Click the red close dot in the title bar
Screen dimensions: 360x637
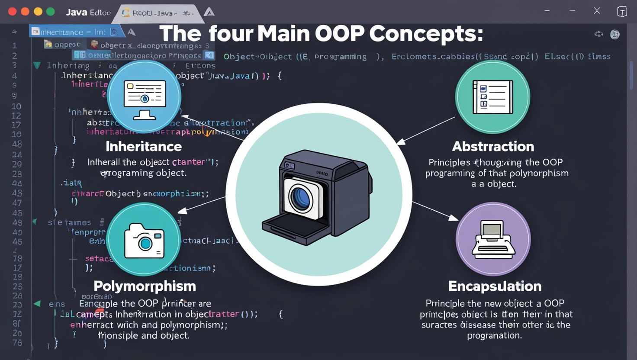(x=12, y=12)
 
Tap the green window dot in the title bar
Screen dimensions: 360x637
(x=51, y=12)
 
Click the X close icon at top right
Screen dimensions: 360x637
(x=597, y=11)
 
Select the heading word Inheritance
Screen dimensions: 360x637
(x=144, y=147)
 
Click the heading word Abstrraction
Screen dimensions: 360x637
(x=493, y=147)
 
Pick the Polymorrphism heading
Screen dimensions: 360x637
(x=145, y=286)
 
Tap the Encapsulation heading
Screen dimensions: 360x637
(x=495, y=286)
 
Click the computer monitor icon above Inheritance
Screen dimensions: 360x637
(x=145, y=99)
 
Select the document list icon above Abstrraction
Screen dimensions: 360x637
(x=493, y=97)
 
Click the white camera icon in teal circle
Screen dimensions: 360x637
(x=144, y=241)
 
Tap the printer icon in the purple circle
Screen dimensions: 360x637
(x=493, y=239)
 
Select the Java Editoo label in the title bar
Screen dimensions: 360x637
(x=88, y=13)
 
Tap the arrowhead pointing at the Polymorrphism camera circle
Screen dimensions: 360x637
(x=183, y=211)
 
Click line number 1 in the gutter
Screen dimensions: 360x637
(x=15, y=45)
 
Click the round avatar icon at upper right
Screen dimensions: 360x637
(x=614, y=34)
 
